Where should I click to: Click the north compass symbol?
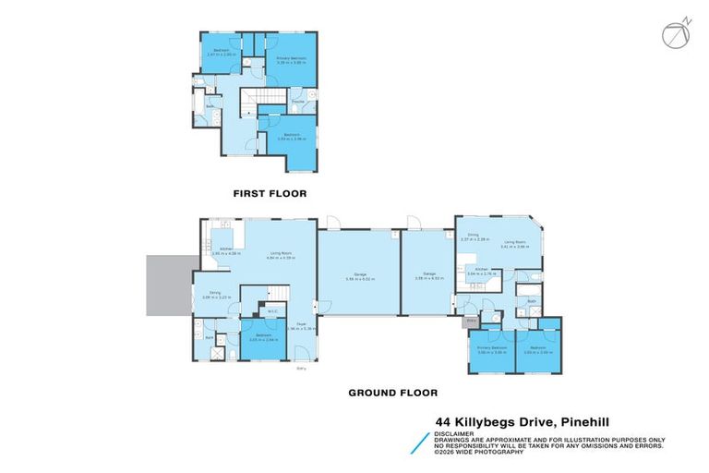click(674, 33)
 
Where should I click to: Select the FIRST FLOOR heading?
click(270, 194)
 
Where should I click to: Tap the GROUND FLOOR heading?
click(391, 393)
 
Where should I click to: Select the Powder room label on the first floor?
click(298, 101)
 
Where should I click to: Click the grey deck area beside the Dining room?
click(168, 285)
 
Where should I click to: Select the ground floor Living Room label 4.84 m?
click(280, 255)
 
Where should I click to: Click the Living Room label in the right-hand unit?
click(513, 245)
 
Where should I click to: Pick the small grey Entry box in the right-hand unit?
click(471, 321)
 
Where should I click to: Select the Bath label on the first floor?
click(210, 106)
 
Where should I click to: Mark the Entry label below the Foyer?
click(302, 370)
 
